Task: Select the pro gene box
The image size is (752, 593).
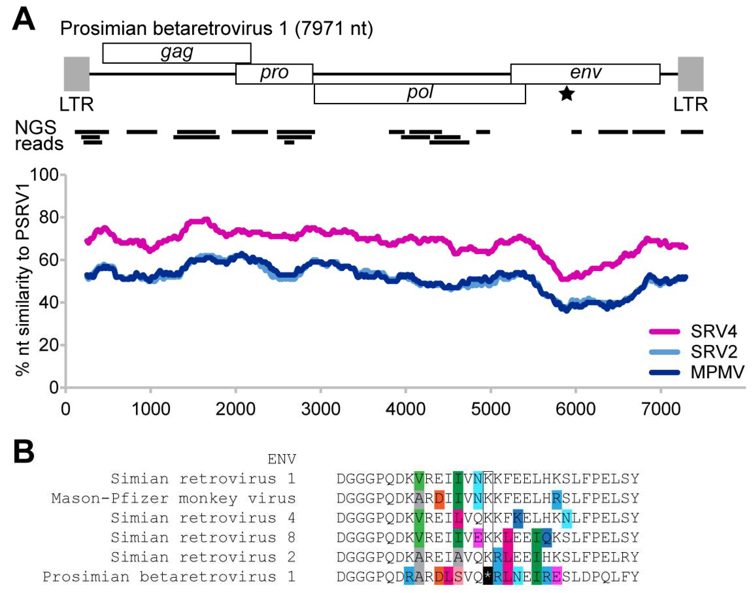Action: [x=274, y=74]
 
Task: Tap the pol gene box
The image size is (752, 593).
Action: [x=420, y=93]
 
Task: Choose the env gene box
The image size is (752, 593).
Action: [x=585, y=74]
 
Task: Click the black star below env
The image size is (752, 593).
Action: [x=567, y=94]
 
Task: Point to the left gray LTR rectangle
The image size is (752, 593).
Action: [x=77, y=74]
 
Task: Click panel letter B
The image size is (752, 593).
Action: [x=24, y=452]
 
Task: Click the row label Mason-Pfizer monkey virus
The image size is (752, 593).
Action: [x=173, y=499]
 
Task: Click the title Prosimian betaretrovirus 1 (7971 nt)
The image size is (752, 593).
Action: [x=216, y=28]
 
